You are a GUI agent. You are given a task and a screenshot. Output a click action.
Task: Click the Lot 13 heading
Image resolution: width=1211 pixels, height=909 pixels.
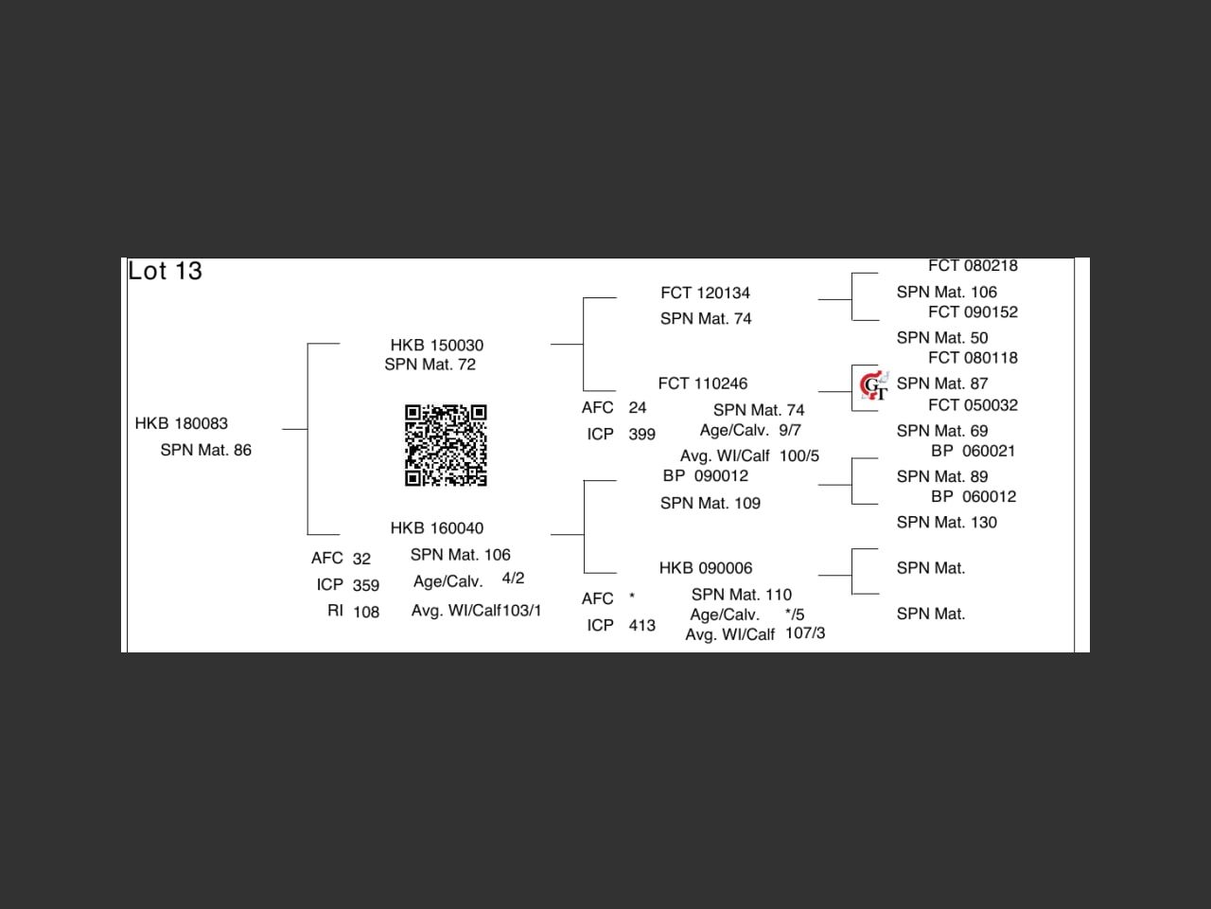pyautogui.click(x=166, y=271)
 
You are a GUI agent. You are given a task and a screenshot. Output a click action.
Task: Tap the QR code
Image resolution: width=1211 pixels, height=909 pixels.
pyautogui.click(x=446, y=445)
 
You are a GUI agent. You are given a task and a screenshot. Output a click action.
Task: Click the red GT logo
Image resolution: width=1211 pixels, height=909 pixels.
pyautogui.click(x=873, y=385)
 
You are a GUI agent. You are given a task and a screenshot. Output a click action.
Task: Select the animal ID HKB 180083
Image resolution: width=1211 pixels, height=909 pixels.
pyautogui.click(x=182, y=423)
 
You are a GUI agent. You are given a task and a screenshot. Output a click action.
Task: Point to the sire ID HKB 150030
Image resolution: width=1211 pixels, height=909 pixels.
pyautogui.click(x=437, y=346)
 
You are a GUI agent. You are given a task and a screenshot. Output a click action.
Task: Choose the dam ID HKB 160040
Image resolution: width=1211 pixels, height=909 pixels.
pyautogui.click(x=437, y=528)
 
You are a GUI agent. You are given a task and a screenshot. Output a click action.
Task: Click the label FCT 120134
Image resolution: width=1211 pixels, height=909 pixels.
pyautogui.click(x=705, y=294)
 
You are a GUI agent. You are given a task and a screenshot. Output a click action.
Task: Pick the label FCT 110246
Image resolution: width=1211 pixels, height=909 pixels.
pyautogui.click(x=703, y=383)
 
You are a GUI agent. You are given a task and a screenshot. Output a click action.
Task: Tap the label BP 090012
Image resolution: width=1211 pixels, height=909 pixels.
pyautogui.click(x=706, y=476)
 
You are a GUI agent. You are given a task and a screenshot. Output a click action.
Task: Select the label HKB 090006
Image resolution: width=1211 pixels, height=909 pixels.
pyautogui.click(x=706, y=568)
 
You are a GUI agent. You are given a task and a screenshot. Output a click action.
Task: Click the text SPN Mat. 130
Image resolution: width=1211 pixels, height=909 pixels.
pyautogui.click(x=947, y=523)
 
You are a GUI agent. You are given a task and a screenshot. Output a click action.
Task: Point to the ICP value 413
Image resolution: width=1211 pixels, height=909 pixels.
pyautogui.click(x=642, y=626)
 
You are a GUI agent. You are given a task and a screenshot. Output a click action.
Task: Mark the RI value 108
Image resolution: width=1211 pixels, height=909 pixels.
pyautogui.click(x=366, y=613)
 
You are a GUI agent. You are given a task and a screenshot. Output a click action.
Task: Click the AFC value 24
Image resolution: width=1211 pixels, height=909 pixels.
pyautogui.click(x=638, y=408)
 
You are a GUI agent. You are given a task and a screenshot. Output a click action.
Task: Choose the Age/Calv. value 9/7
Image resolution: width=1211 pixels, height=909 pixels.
pyautogui.click(x=790, y=431)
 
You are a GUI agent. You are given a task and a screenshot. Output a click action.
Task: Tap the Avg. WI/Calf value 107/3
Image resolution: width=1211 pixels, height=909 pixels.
pyautogui.click(x=805, y=633)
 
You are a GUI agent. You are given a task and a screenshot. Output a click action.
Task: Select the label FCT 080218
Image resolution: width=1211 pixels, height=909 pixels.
pyautogui.click(x=973, y=266)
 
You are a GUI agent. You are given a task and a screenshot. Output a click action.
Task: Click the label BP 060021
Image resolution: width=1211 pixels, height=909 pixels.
pyautogui.click(x=974, y=452)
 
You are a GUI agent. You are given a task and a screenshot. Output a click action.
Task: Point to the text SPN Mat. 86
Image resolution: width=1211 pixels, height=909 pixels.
pyautogui.click(x=206, y=451)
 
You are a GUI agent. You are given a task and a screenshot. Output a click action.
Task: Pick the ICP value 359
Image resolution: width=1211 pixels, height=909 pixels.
pyautogui.click(x=366, y=586)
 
